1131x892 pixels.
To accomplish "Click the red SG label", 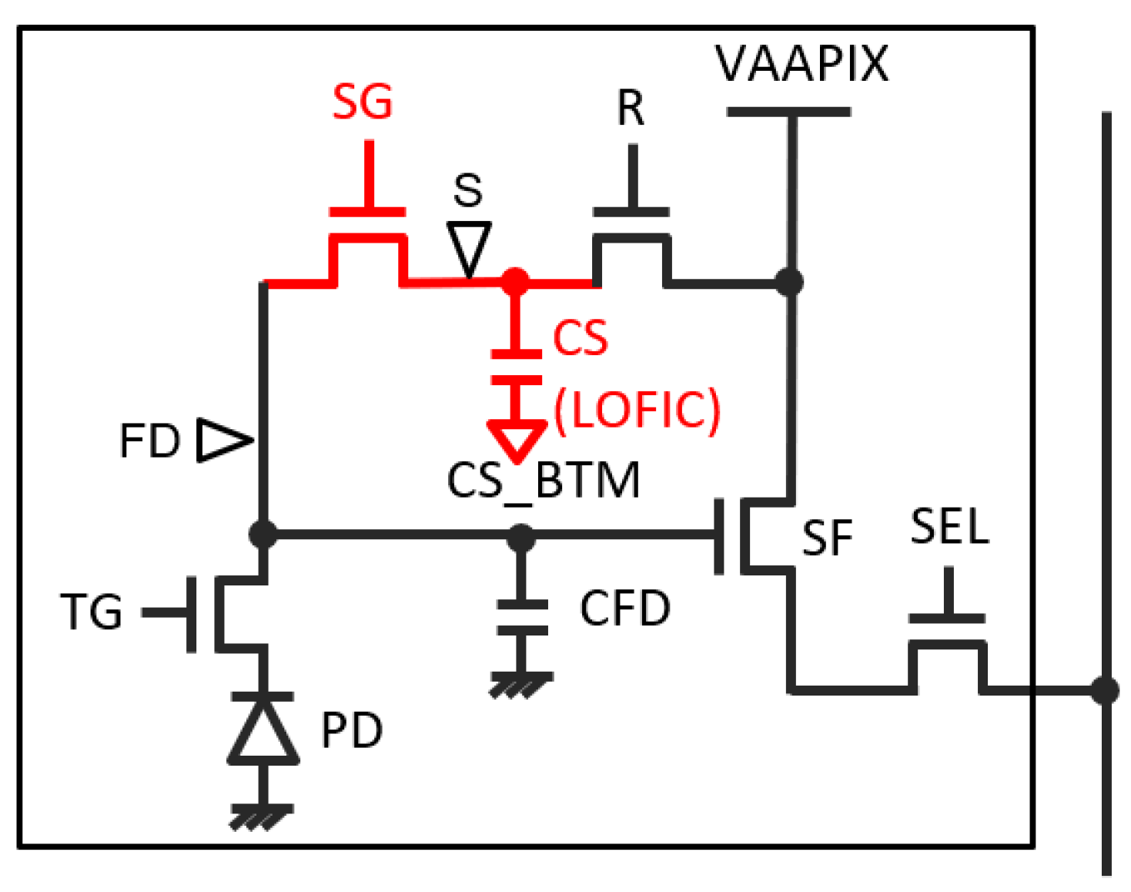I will [x=362, y=102].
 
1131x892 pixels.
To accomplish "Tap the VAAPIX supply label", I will [x=801, y=63].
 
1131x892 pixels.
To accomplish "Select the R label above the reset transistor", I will [x=631, y=108].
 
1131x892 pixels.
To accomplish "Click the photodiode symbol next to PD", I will [x=263, y=729].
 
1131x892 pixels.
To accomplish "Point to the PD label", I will [x=352, y=730].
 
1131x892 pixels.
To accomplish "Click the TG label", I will [x=92, y=612].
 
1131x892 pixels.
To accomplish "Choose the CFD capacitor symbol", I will [x=522, y=617].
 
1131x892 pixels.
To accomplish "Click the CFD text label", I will [x=625, y=609].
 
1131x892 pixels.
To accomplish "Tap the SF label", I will [x=827, y=538].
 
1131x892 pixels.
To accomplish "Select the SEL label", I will [x=949, y=528].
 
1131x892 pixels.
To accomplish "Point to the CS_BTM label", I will [x=543, y=480].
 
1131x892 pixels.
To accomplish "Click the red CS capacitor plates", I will [x=516, y=367].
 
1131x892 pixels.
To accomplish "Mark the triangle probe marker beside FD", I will [x=223, y=440].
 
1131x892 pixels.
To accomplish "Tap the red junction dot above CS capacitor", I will [x=515, y=281].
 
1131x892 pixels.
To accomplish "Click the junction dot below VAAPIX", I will [x=789, y=282].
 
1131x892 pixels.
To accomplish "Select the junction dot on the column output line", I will [x=1106, y=689].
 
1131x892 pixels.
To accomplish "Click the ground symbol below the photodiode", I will [x=263, y=816].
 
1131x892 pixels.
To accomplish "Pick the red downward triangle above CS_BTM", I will [x=516, y=439].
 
